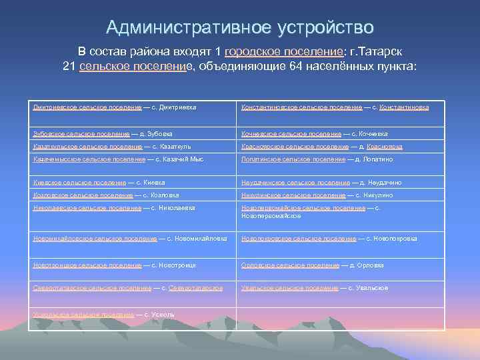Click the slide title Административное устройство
tap(240, 28)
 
